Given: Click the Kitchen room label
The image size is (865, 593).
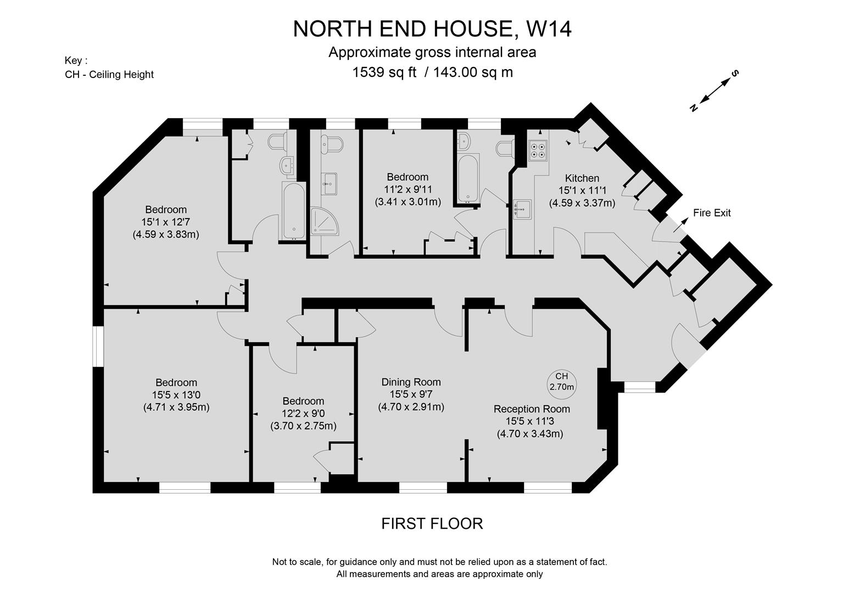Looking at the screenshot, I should [582, 178].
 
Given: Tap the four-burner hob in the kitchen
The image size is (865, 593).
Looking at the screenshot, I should [537, 149].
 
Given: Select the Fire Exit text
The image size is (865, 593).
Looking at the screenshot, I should [712, 213].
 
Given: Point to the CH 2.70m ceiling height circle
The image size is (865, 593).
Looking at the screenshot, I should [561, 382].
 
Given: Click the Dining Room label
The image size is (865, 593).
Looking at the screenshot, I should [411, 382].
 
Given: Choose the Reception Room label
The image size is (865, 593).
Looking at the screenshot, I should [531, 409].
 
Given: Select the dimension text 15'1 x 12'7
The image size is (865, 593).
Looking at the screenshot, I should [165, 222].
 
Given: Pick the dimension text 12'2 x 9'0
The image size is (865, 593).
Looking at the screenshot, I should [303, 413].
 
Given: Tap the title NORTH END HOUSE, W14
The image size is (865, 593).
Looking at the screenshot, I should [432, 29].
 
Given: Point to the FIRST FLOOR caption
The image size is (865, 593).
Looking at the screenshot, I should [432, 523].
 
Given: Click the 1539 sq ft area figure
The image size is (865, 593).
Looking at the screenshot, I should [384, 72].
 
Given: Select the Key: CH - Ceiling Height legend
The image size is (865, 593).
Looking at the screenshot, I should [109, 68].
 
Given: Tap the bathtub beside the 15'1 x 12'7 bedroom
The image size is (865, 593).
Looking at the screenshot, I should [293, 211].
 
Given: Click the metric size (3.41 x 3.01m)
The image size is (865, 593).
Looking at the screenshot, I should [408, 202].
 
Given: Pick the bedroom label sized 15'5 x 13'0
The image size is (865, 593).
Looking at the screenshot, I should [176, 383].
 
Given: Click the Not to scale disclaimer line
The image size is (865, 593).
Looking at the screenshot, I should [439, 562].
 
